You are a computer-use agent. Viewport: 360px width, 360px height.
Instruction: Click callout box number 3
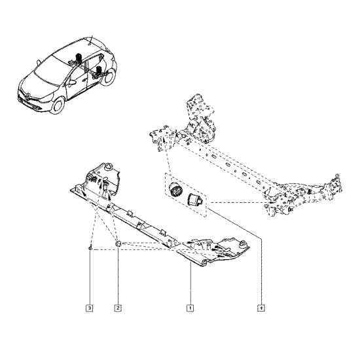coord(90,308)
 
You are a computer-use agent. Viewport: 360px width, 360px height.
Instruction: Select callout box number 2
coord(118,308)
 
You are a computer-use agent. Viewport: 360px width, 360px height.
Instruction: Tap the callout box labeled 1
coord(190,308)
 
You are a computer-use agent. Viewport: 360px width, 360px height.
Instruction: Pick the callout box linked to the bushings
coord(261,308)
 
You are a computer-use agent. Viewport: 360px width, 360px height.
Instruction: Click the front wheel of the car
coord(58,105)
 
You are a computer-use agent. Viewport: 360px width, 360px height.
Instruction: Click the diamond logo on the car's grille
coord(27,97)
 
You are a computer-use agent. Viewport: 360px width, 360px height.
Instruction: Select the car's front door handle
coord(84,80)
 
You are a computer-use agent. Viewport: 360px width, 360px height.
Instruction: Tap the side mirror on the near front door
coord(71,82)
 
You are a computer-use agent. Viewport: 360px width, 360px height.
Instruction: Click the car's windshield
coord(49,71)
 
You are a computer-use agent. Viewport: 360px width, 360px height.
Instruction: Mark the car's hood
coord(37,86)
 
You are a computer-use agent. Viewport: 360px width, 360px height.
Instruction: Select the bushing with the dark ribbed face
coord(176,189)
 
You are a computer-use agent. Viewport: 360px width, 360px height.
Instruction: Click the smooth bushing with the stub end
coord(196,198)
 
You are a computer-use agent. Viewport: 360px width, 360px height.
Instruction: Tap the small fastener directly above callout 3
coord(91,247)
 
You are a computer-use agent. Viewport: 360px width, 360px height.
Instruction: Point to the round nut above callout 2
coord(118,243)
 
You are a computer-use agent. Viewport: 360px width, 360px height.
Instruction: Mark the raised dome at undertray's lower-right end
coord(243,244)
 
